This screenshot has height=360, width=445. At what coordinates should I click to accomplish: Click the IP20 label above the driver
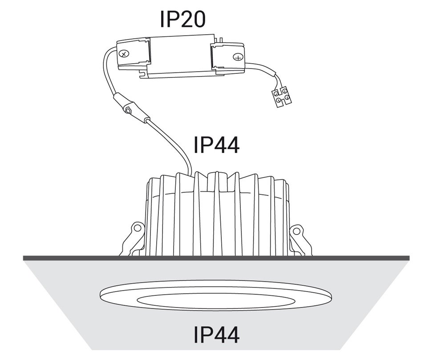[x=182, y=19]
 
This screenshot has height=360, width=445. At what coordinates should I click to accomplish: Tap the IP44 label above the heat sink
[x=217, y=145]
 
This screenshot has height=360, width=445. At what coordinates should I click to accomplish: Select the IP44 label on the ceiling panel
[x=217, y=335]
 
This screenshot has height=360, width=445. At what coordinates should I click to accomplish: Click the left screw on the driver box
[x=123, y=53]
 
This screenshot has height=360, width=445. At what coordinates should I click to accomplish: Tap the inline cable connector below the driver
[x=131, y=109]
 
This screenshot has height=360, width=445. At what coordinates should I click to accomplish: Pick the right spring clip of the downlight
[x=301, y=239]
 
